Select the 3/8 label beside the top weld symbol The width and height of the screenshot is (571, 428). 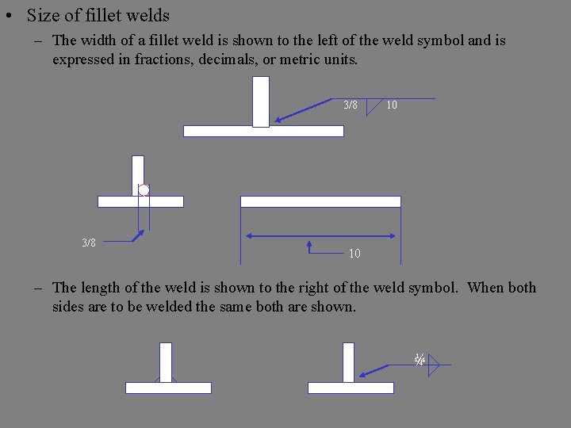pos(351,105)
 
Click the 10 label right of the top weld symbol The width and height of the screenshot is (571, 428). pos(392,105)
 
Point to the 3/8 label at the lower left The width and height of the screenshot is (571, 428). pos(89,243)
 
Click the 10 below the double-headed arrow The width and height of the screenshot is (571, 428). pos(354,254)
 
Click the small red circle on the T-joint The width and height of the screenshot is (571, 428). pos(144,189)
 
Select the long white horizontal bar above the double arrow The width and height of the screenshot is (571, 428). pos(320,201)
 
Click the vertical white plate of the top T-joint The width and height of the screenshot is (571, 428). pos(261,101)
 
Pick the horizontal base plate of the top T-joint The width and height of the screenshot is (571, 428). pos(263,131)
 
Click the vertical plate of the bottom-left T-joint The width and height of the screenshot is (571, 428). pos(166,361)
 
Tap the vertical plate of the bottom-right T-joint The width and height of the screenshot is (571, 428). pos(348,361)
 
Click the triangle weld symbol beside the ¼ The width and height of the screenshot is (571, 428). pos(433,365)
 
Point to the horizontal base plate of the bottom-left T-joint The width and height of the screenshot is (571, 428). pos(168,388)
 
